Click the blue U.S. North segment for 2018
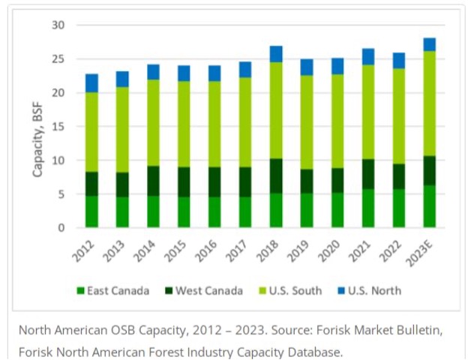point(276,54)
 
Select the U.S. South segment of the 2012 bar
point(91,132)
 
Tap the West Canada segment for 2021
point(367,174)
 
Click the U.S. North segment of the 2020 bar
point(337,66)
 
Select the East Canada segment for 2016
point(214,211)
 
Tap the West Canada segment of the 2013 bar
point(122,184)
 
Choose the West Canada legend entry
point(202,290)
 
